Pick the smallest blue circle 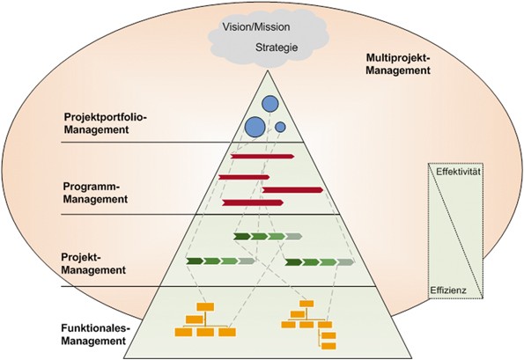click(280, 127)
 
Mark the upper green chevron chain click(267, 237)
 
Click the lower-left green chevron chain click(220, 261)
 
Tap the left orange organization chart click(205, 320)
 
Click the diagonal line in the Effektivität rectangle click(455, 231)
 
